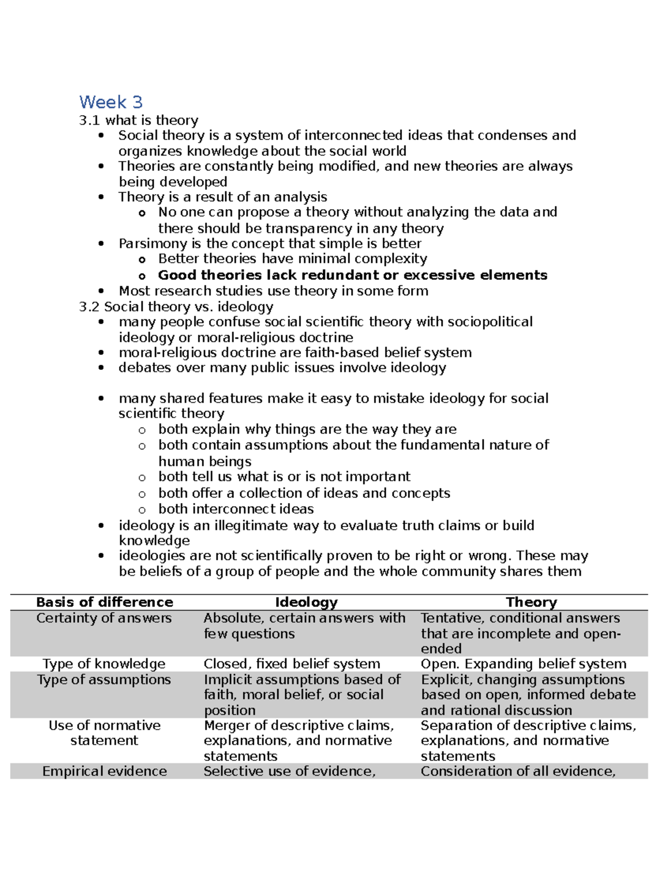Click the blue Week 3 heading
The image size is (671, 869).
tap(111, 102)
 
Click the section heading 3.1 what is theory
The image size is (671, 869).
tap(139, 120)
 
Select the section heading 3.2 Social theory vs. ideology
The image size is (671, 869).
tap(176, 307)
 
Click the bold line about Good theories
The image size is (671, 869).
tap(352, 275)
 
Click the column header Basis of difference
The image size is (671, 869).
tap(105, 602)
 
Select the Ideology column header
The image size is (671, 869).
tap(306, 602)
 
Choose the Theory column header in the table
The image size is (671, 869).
tap(531, 602)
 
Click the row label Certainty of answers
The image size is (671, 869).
tap(104, 618)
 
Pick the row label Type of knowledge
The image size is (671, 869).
tap(104, 664)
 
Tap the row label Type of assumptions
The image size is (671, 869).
tap(104, 679)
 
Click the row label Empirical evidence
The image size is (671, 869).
tap(105, 771)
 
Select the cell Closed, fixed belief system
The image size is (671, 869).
tap(291, 664)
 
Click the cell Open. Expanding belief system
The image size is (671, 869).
tap(523, 664)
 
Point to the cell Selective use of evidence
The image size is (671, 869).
tap(289, 771)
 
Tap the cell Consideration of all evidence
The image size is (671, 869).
tap(518, 771)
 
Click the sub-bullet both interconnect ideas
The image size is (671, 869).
tap(236, 509)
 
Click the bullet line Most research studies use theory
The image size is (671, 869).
tap(273, 291)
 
